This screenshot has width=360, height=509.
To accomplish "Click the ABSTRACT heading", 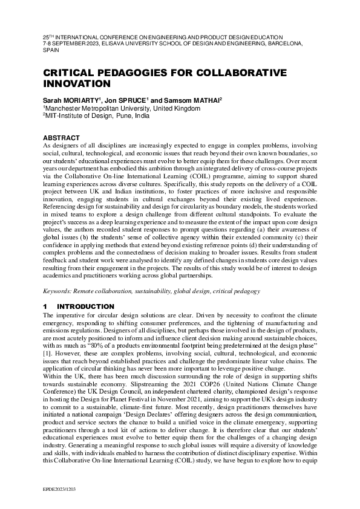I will (x=63, y=138).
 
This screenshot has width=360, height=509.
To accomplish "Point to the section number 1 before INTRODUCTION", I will (x=45, y=307).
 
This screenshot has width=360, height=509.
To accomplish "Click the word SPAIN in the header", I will (x=51, y=51).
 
